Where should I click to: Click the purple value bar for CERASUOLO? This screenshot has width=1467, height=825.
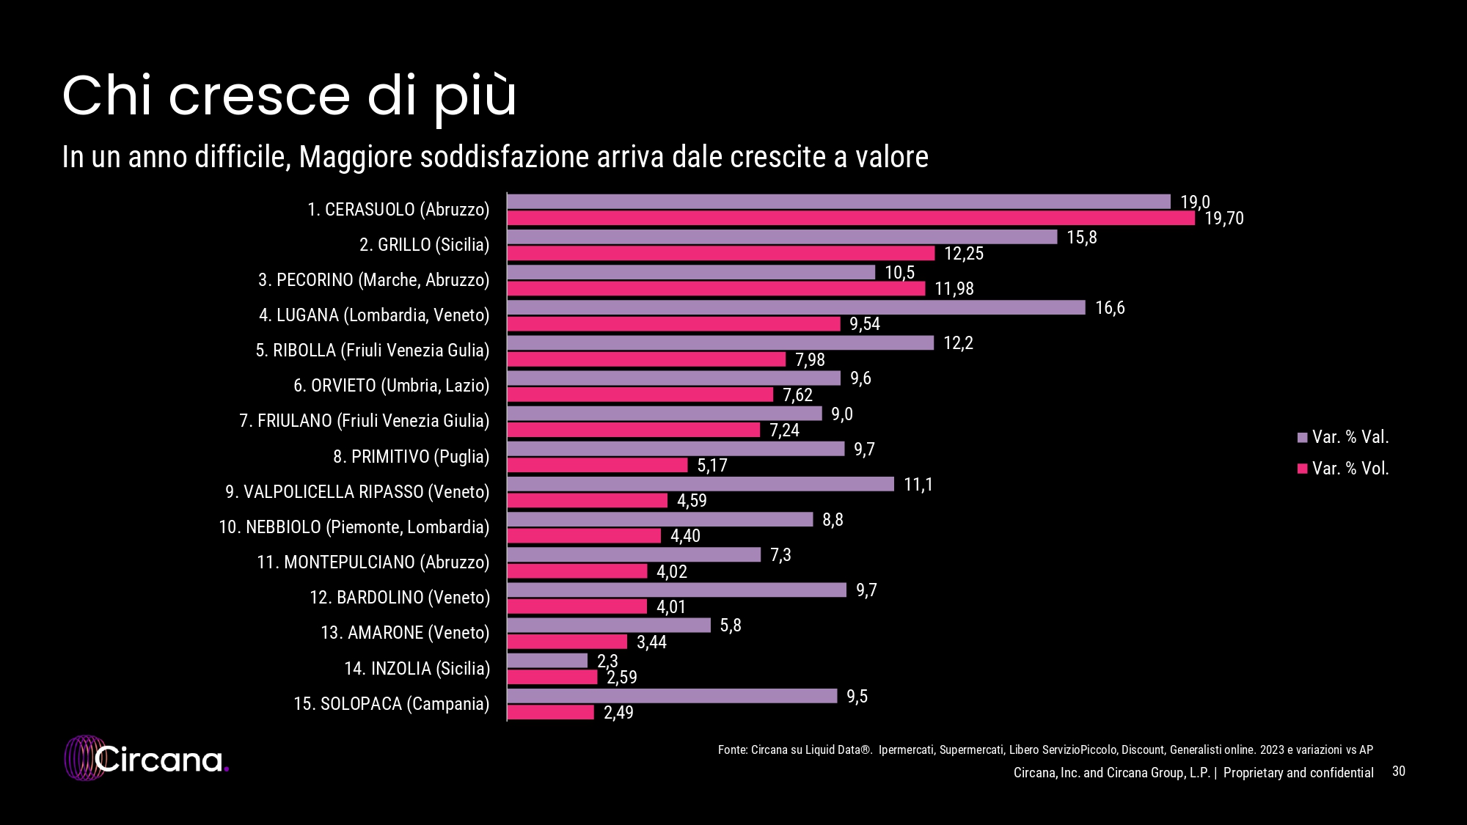(x=838, y=202)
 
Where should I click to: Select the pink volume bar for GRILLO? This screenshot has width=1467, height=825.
(x=721, y=254)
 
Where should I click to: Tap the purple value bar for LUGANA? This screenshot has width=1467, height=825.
(x=796, y=308)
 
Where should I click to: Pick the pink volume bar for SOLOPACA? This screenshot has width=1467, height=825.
(x=551, y=712)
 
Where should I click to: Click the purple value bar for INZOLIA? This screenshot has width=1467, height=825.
(x=547, y=661)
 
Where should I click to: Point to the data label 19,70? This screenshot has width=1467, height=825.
(x=1224, y=219)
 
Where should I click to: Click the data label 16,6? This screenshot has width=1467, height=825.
(x=1110, y=308)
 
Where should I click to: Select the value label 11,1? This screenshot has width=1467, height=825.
(x=918, y=485)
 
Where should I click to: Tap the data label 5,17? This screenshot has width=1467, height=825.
(x=711, y=466)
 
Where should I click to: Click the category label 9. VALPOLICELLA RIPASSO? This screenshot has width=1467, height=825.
(x=357, y=492)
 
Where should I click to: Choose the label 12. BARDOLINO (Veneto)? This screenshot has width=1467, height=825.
(x=399, y=598)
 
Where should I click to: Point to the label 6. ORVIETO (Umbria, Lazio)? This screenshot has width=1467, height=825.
(x=391, y=386)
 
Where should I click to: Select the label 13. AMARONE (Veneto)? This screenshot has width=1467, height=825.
(x=405, y=633)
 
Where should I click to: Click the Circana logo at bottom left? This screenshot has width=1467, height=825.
(x=147, y=759)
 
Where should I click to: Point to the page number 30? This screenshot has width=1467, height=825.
(x=1398, y=771)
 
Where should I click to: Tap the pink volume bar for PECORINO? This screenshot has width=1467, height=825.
(x=716, y=289)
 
